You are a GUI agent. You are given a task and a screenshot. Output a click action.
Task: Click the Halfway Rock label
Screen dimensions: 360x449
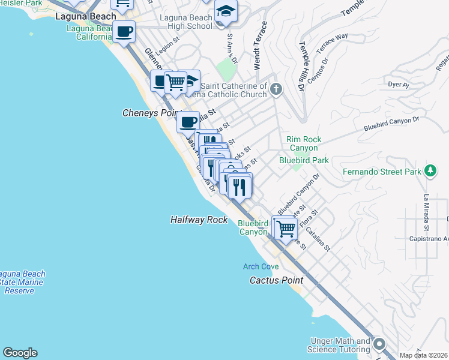coord(199,220)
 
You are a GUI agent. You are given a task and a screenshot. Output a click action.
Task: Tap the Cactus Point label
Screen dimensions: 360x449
coord(276,280)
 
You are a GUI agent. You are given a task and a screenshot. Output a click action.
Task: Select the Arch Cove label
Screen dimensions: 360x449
coord(260,266)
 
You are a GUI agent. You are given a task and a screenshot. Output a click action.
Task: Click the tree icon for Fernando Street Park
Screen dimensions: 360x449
coord(430,172)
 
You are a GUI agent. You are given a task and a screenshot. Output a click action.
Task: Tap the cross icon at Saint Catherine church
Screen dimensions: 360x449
coord(276,90)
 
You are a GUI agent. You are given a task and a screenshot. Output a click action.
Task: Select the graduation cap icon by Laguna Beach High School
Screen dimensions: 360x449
coord(226,12)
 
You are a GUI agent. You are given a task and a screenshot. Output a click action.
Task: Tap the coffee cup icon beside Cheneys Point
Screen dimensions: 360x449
coord(188,122)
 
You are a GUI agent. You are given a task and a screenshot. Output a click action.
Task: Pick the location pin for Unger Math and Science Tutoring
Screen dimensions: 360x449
coord(379,345)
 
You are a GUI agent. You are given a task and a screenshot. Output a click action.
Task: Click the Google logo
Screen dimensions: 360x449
coord(20,353)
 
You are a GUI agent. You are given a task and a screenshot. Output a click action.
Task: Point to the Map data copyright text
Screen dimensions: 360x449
coord(423,355)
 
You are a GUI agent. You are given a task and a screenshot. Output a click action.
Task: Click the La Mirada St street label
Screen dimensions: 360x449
coord(426,212)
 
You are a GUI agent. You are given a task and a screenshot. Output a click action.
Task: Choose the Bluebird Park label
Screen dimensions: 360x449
coord(304,160)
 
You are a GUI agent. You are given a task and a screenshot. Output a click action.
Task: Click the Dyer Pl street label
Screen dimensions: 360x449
coord(398,85)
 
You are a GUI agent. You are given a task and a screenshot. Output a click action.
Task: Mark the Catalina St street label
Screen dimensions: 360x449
coord(318,237)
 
